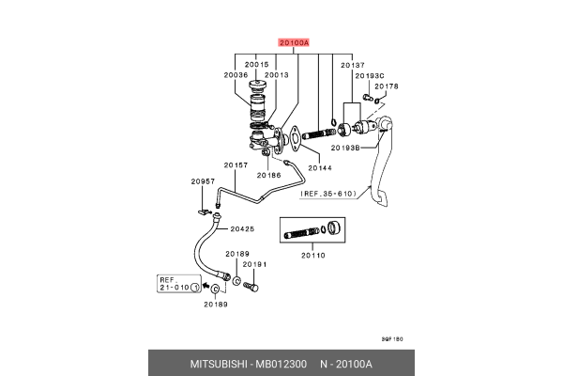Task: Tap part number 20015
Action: tap(258, 65)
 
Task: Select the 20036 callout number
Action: tap(236, 74)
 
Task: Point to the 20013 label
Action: tap(276, 74)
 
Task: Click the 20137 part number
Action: tap(352, 65)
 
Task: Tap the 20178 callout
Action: tap(387, 86)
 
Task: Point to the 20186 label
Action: tap(268, 175)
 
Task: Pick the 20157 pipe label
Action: tap(236, 165)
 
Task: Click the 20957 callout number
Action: tap(204, 181)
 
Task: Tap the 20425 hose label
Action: tap(243, 228)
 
